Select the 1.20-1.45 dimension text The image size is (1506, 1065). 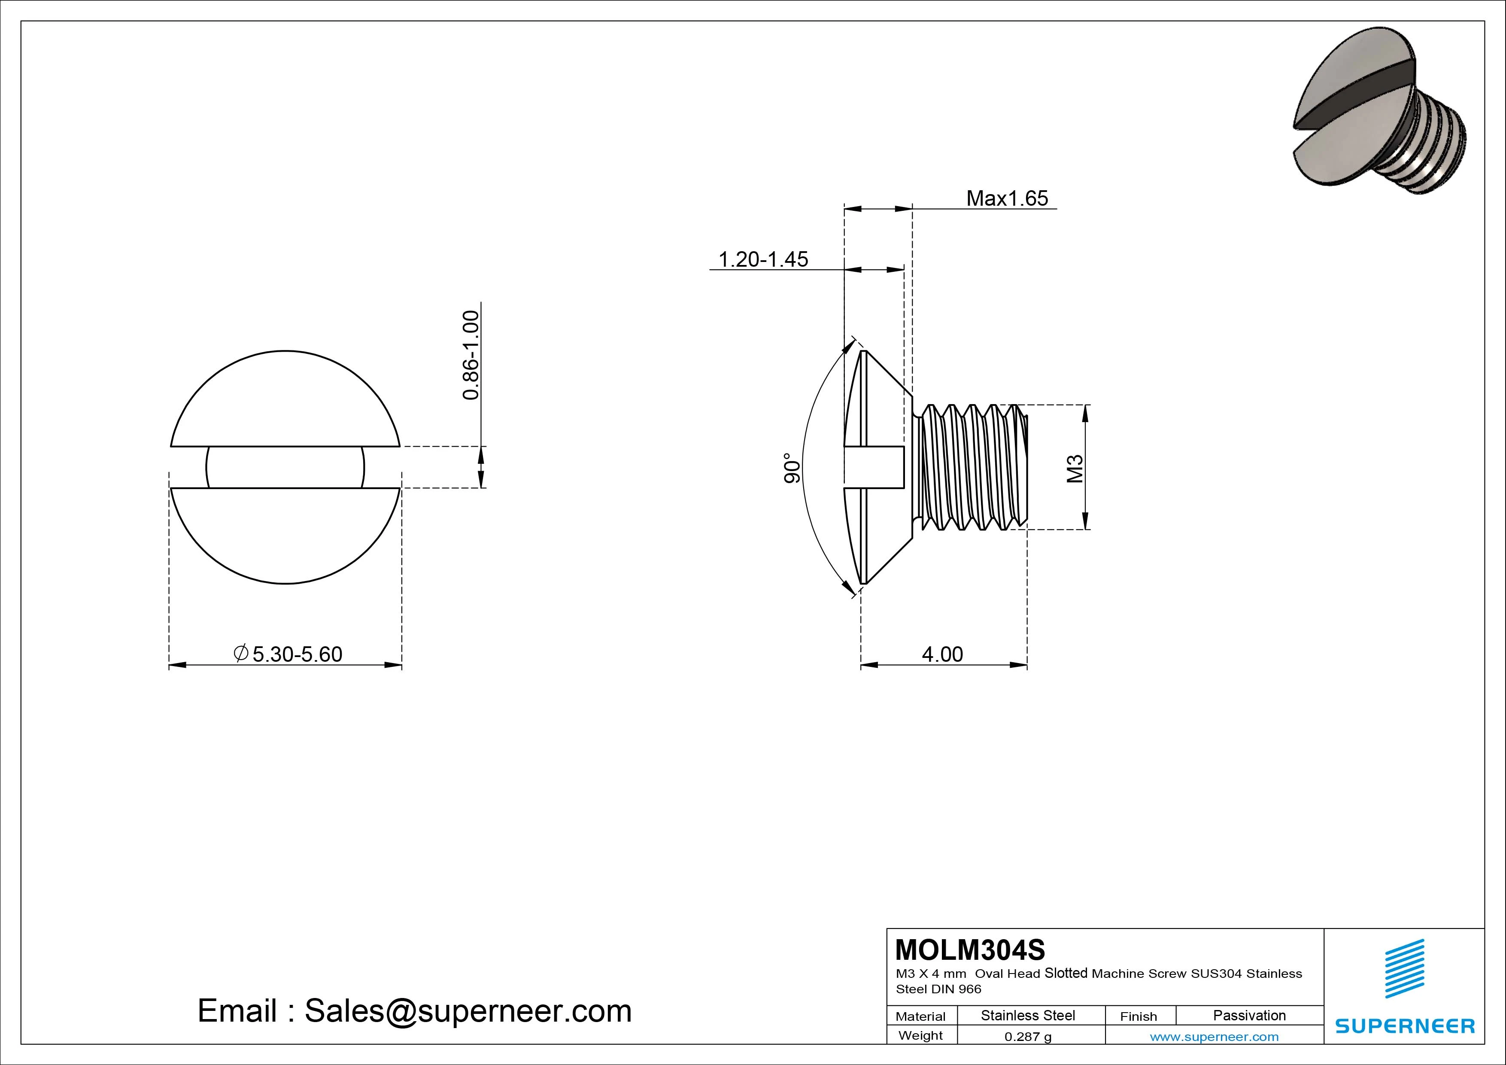click(763, 259)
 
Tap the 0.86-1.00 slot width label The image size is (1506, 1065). click(471, 355)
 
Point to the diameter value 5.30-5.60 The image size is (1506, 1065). click(297, 654)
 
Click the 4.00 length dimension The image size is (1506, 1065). click(943, 654)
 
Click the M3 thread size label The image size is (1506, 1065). click(1075, 469)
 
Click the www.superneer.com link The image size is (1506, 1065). click(1214, 1037)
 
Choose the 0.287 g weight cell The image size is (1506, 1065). click(1028, 1037)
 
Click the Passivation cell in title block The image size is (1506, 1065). click(1249, 1015)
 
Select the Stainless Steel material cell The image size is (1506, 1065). click(1028, 1015)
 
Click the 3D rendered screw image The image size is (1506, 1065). click(1378, 118)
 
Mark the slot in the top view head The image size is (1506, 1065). click(285, 467)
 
